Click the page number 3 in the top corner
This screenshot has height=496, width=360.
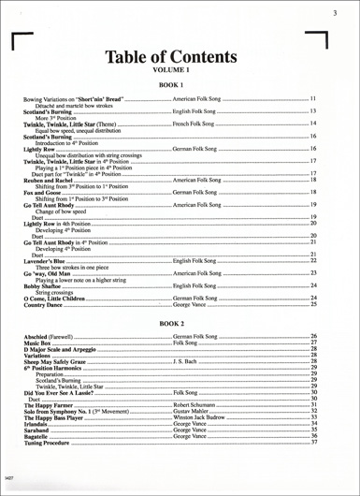[335, 12]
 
